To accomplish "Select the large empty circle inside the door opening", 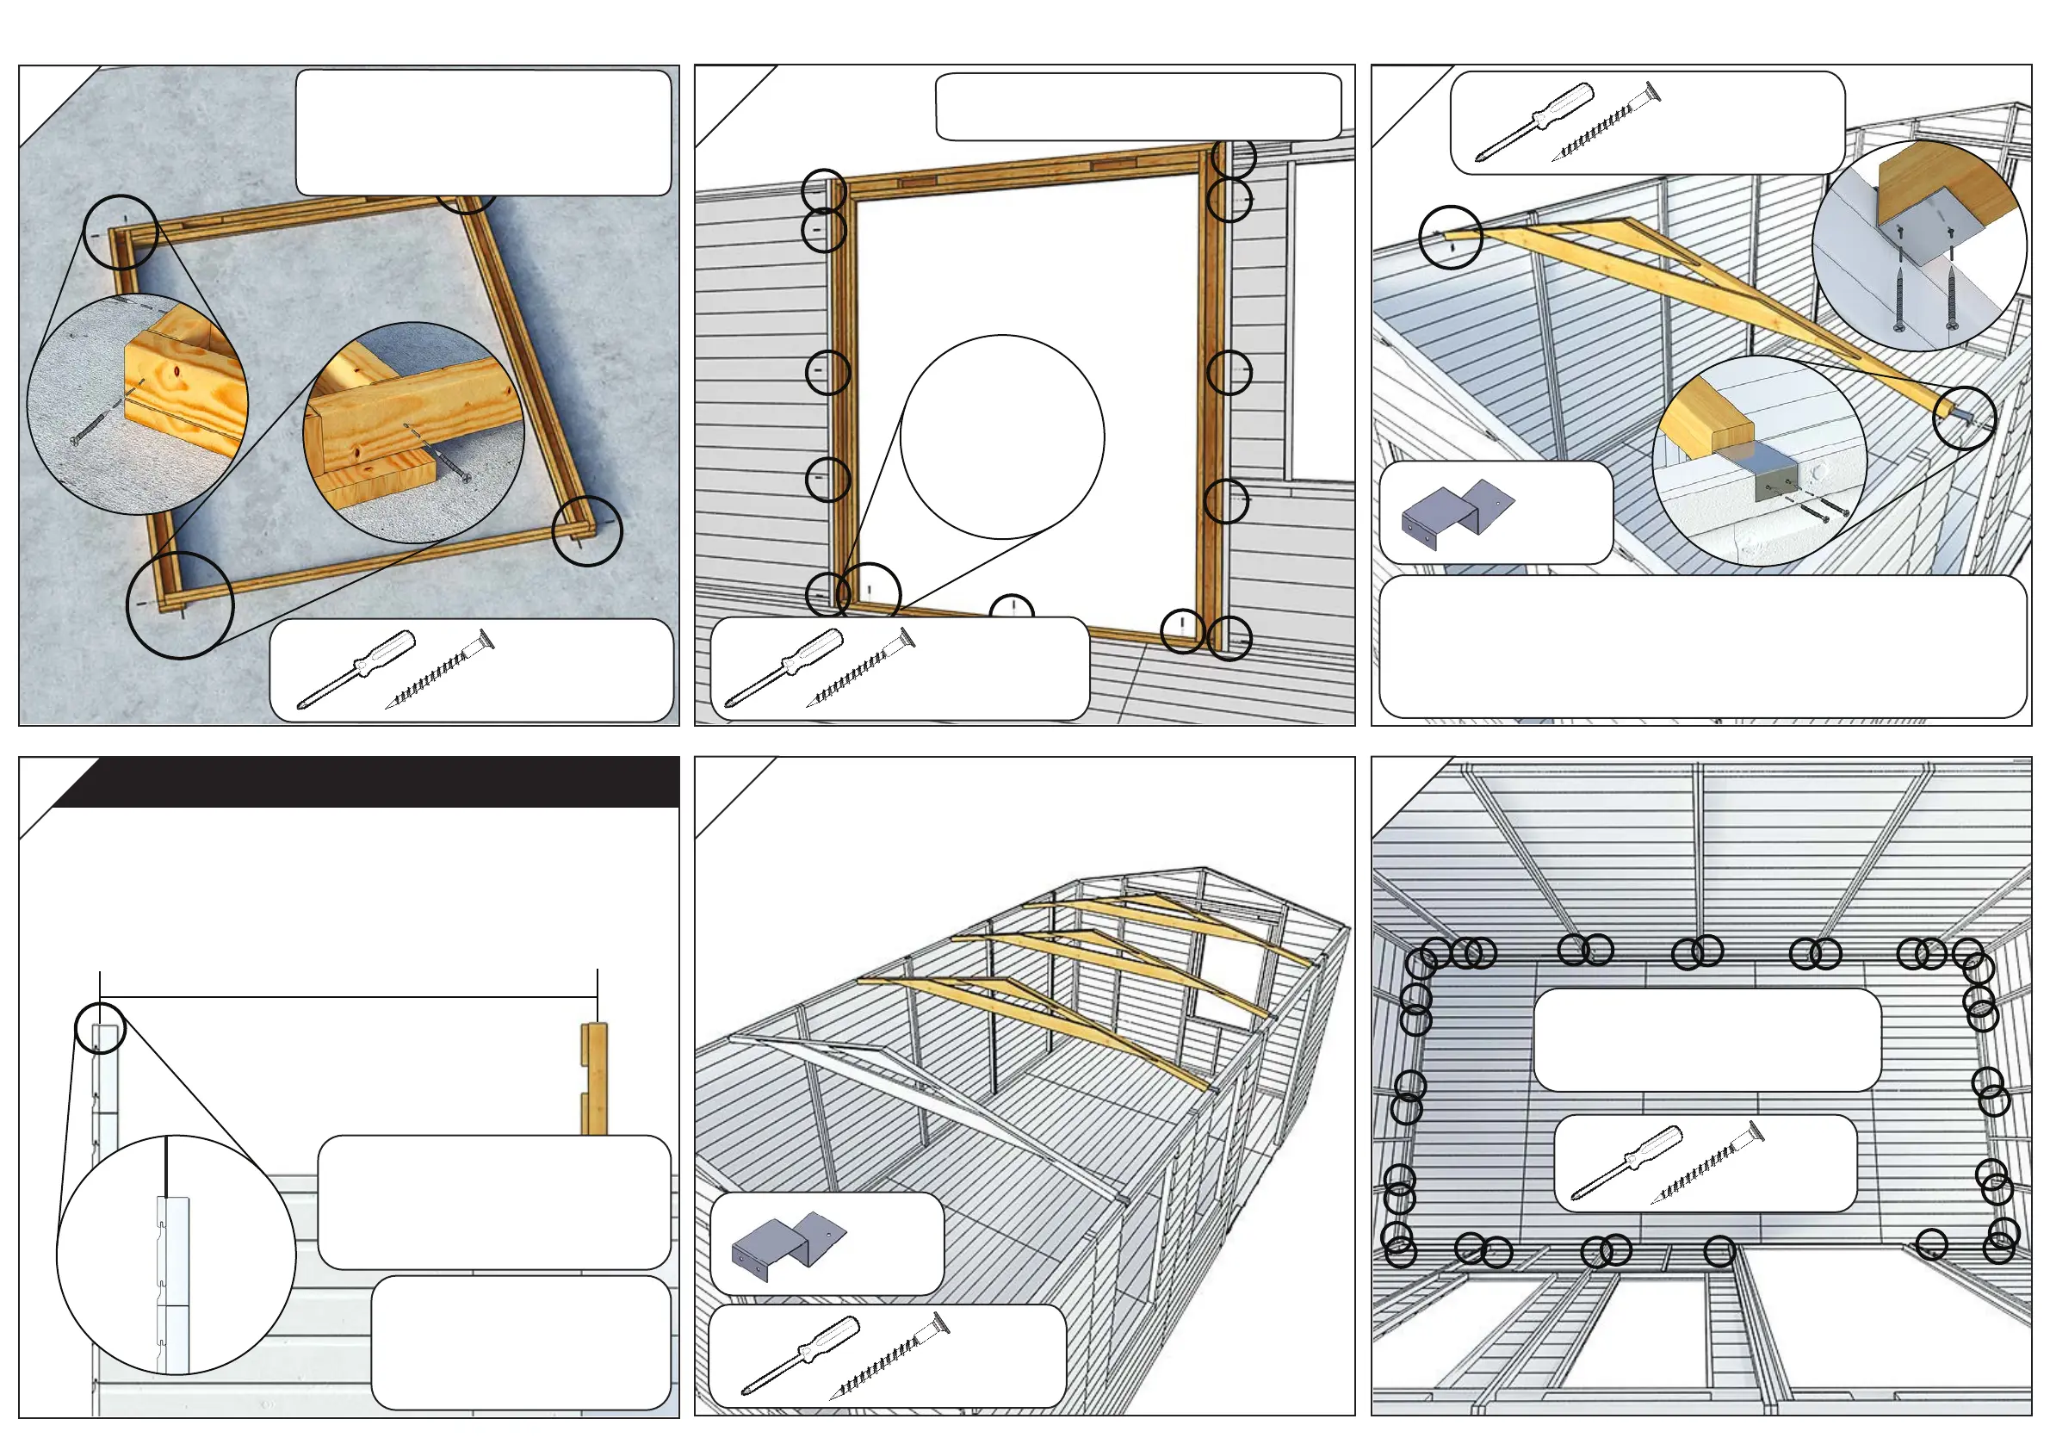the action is pos(1002,437).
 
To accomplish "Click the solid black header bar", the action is pos(375,782).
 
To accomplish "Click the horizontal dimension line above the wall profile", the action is pos(348,996).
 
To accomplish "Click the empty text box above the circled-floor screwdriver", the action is pos(1706,1038).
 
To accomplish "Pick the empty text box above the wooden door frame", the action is pos(1137,107).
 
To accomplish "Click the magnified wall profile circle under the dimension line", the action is pos(176,1255).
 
